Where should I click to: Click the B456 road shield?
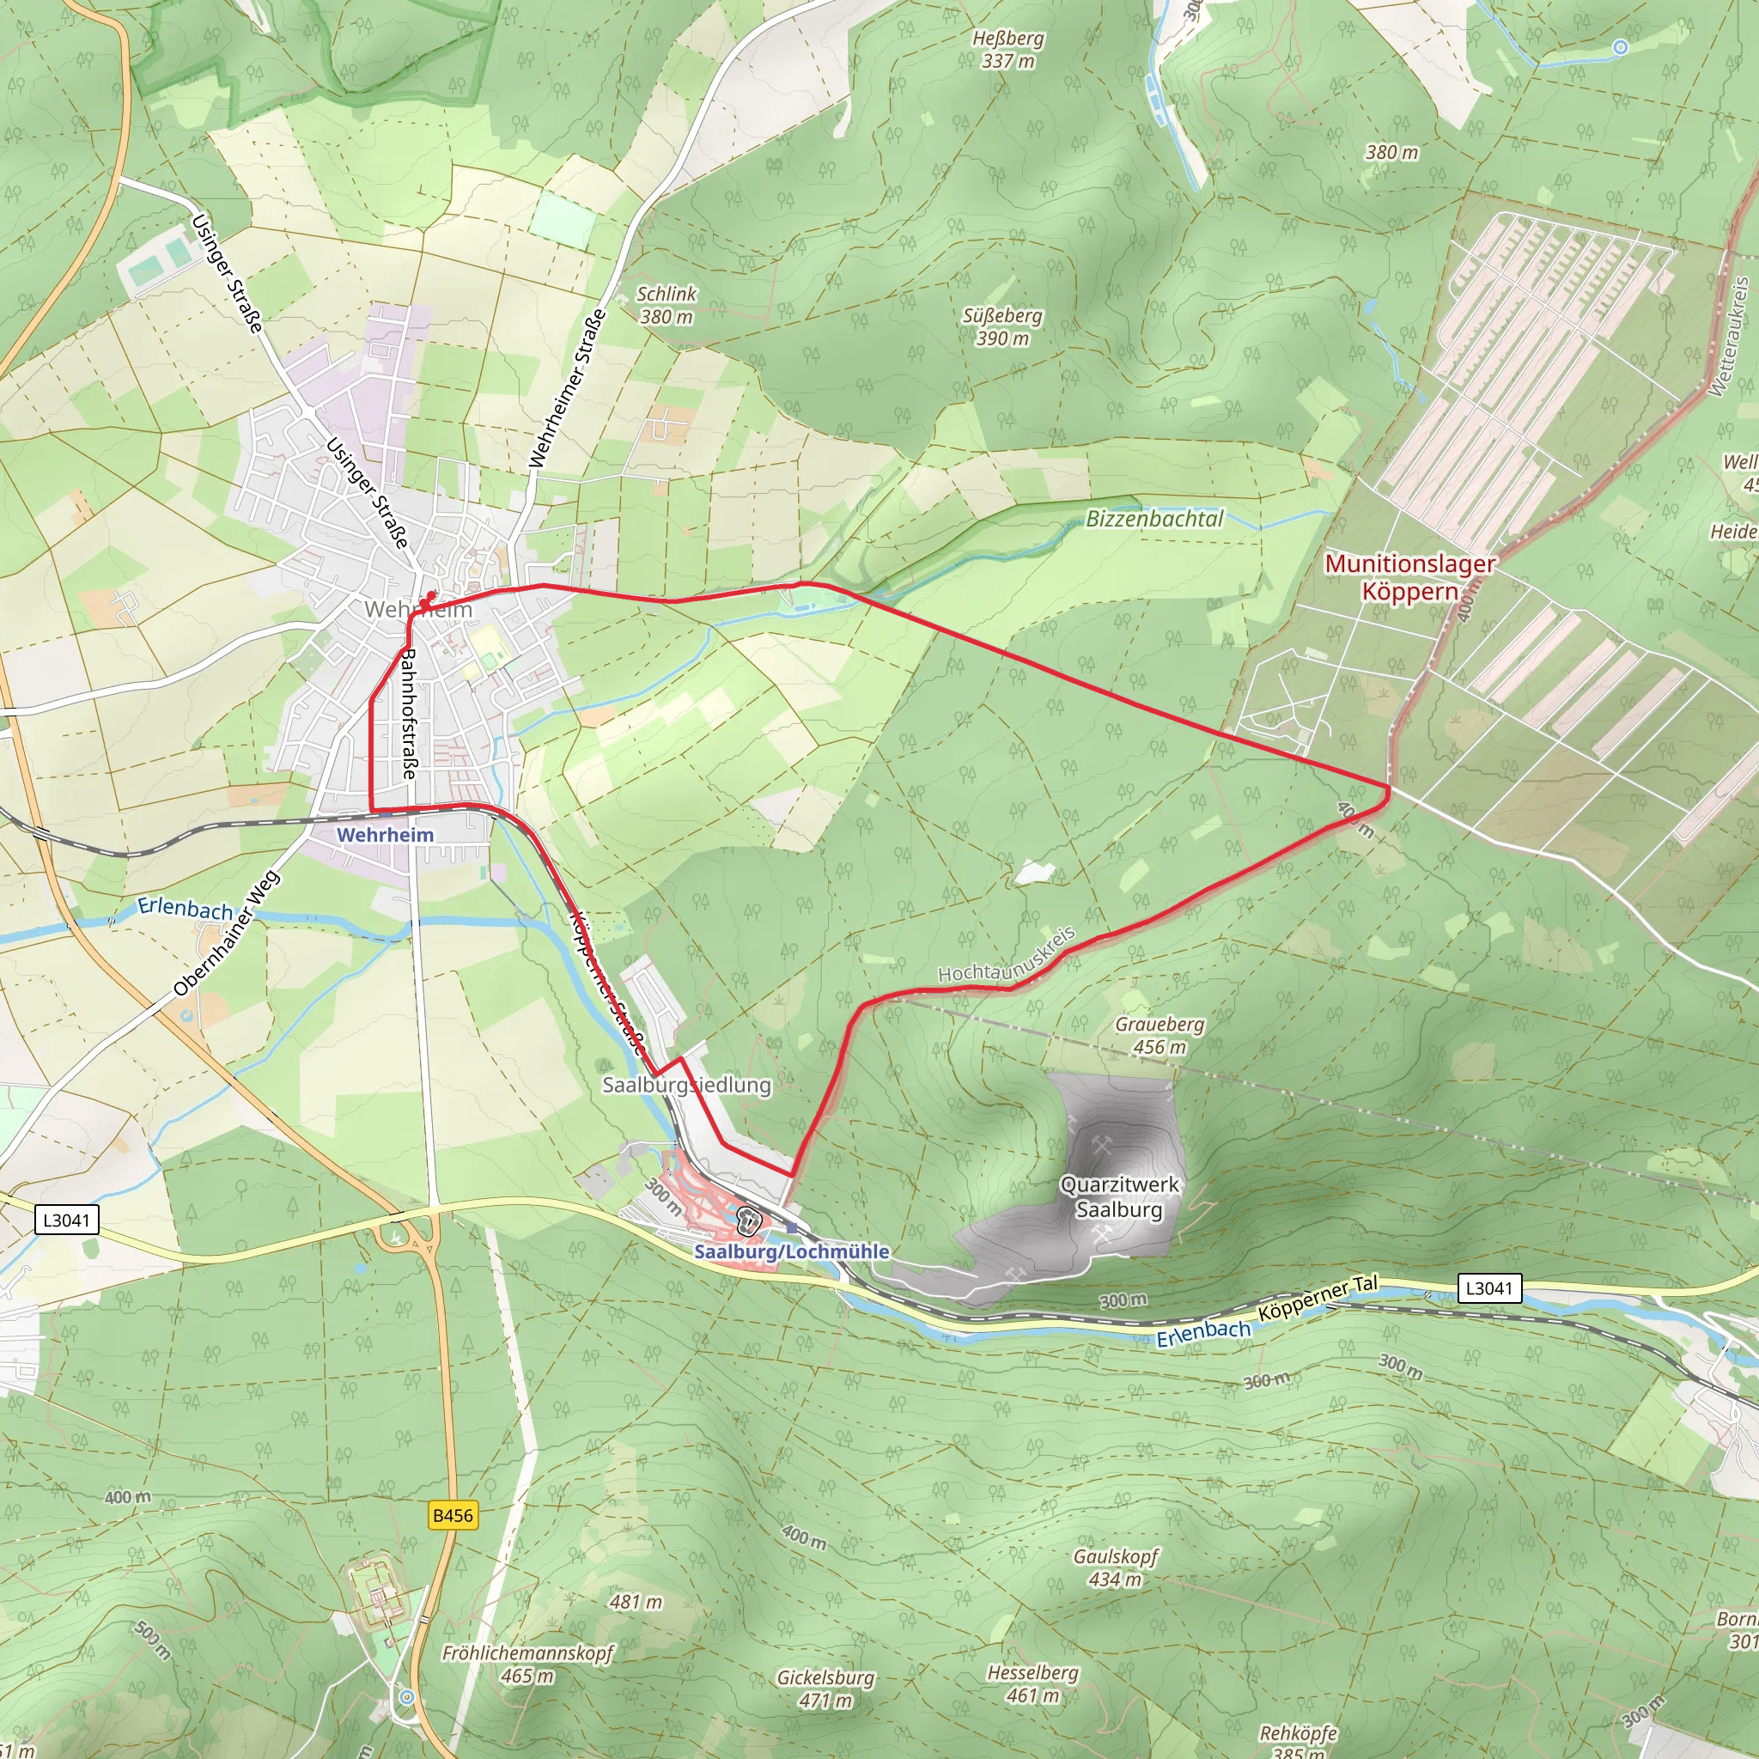(453, 1515)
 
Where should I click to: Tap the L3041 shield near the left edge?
(66, 1219)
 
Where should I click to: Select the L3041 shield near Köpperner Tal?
(1488, 1287)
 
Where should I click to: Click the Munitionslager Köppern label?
(1409, 577)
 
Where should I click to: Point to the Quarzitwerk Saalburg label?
(1119, 1196)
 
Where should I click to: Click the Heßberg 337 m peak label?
(1007, 50)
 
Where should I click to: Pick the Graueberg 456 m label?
(1159, 1035)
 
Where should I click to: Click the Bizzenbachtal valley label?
(1154, 519)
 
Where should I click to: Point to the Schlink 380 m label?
(666, 305)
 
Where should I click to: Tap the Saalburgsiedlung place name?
(686, 1085)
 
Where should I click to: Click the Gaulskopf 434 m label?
(1116, 1567)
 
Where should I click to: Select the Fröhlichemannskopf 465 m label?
(528, 1664)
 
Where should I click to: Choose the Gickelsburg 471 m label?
(825, 1689)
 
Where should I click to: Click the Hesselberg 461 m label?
(1032, 1684)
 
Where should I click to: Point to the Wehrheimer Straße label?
(567, 389)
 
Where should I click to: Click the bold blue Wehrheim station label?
(385, 835)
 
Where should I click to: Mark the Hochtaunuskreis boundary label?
(1007, 956)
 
